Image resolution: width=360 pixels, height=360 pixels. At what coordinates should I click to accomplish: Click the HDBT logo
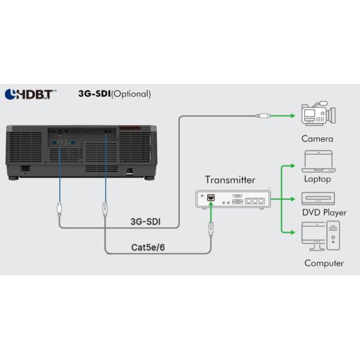pyautogui.click(x=31, y=94)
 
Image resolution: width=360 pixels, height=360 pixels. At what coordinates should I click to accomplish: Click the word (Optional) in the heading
pyautogui.click(x=131, y=94)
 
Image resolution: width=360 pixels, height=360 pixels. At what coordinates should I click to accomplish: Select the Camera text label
pyautogui.click(x=317, y=139)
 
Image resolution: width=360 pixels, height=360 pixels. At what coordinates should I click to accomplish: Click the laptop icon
pyautogui.click(x=317, y=161)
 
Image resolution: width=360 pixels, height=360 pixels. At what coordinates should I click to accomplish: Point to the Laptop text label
pyautogui.click(x=317, y=179)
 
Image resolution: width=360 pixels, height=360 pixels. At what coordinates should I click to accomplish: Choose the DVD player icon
pyautogui.click(x=317, y=198)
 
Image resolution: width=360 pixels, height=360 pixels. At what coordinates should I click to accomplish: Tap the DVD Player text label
pyautogui.click(x=325, y=212)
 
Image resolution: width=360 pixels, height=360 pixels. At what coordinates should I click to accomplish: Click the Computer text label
pyautogui.click(x=324, y=263)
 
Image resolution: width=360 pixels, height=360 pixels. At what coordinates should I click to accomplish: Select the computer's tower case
pyautogui.click(x=333, y=236)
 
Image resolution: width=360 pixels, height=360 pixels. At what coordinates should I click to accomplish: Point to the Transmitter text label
pyautogui.click(x=230, y=179)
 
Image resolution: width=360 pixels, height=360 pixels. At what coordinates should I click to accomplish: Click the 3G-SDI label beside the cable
pyautogui.click(x=146, y=221)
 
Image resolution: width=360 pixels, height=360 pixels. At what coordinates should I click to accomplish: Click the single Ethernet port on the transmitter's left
pyautogui.click(x=211, y=197)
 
